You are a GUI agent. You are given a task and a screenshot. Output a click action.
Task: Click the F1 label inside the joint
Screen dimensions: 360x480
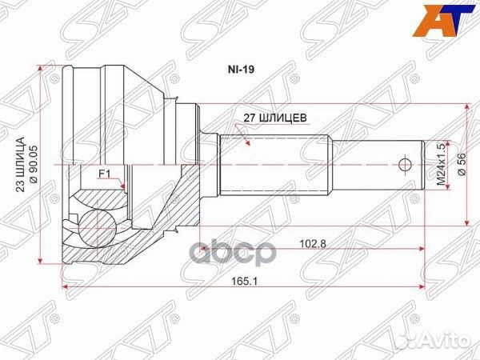(x=104, y=174)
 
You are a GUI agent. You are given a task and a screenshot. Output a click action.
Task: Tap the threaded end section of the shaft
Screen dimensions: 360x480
(x=376, y=165)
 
